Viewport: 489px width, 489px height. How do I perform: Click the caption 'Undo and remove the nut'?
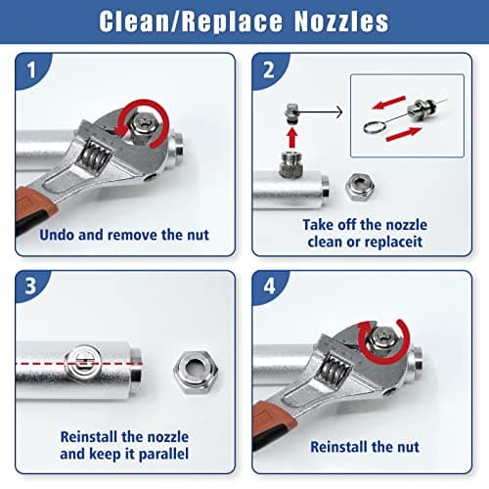(124, 235)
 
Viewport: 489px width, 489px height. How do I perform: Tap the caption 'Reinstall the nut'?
(365, 447)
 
